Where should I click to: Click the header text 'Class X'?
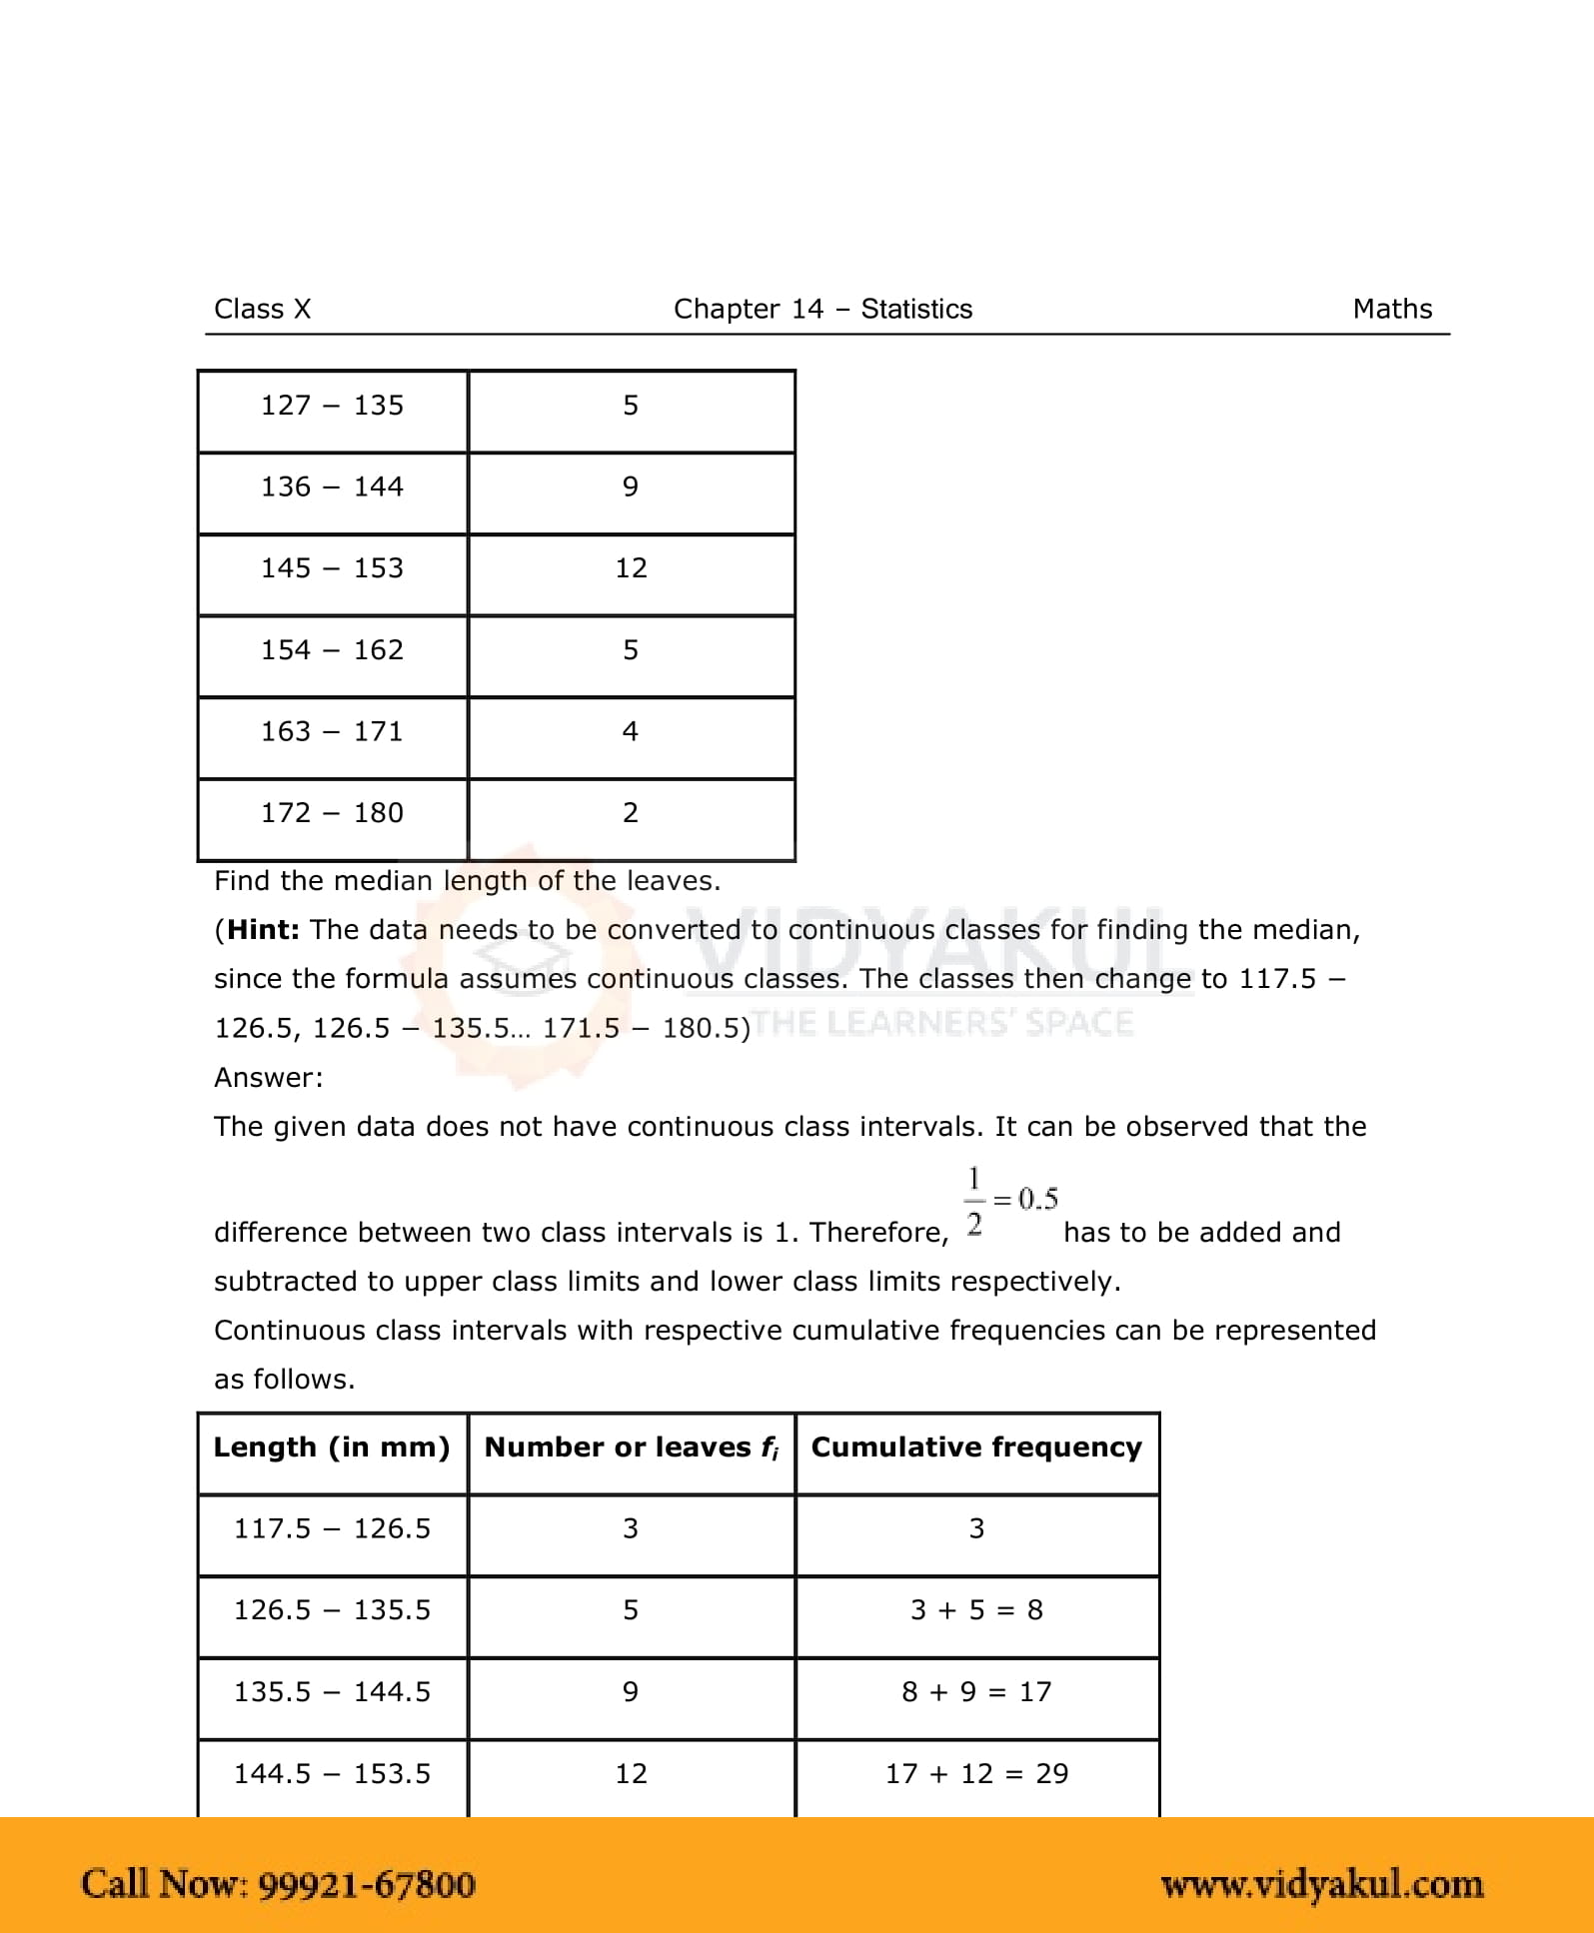[x=263, y=309]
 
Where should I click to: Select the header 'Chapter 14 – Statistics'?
[x=822, y=309]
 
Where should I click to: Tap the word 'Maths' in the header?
[x=1392, y=309]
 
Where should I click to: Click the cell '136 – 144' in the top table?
[x=332, y=486]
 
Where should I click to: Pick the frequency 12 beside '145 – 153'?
[x=631, y=568]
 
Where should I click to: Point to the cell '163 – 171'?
[x=332, y=731]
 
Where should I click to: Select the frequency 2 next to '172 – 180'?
[x=631, y=813]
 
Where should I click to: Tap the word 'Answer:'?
[x=269, y=1078]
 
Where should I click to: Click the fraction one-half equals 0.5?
[x=1010, y=1200]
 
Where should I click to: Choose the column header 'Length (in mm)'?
[x=332, y=1448]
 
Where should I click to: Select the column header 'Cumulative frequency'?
[x=976, y=1448]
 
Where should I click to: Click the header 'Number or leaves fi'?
[x=631, y=1448]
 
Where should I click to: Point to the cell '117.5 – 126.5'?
[x=332, y=1529]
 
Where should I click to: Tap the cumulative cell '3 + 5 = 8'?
[x=976, y=1610]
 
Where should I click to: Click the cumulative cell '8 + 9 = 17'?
[x=976, y=1692]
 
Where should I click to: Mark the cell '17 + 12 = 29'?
[x=976, y=1774]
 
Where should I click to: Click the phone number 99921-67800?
[x=367, y=1884]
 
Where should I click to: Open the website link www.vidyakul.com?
[x=1321, y=1884]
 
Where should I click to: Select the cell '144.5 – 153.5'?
[x=332, y=1774]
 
